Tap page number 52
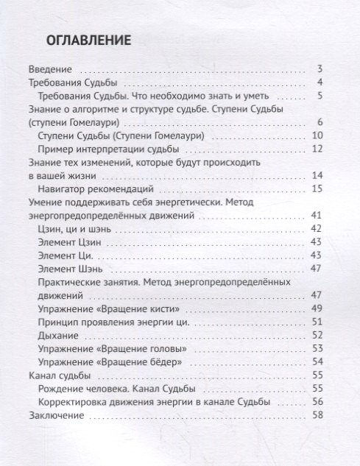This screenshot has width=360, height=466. (318, 335)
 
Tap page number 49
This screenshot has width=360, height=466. (318, 308)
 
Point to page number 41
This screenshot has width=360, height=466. (318, 215)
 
